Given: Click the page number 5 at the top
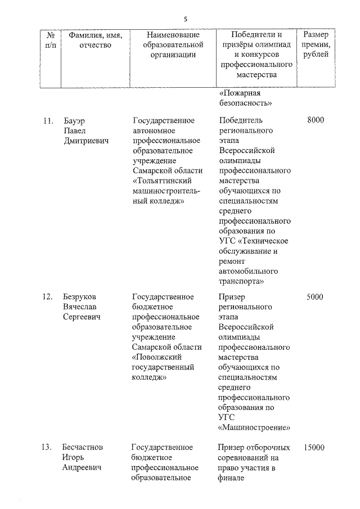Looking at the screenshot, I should pos(185,19).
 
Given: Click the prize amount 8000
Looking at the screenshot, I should pos(316,120).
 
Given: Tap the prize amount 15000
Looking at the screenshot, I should pos(313,448).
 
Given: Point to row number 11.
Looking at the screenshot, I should pos(48,120).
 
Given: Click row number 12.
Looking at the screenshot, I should pos(48,296).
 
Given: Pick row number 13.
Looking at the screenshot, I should pos(48,448).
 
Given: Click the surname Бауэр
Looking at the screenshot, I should pos(74,120).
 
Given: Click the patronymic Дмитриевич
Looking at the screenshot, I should pos(85,141).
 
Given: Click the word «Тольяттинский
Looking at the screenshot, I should pos(163,181).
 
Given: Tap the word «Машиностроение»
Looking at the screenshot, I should pos(254,427).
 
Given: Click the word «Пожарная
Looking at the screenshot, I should pos(238,93).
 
